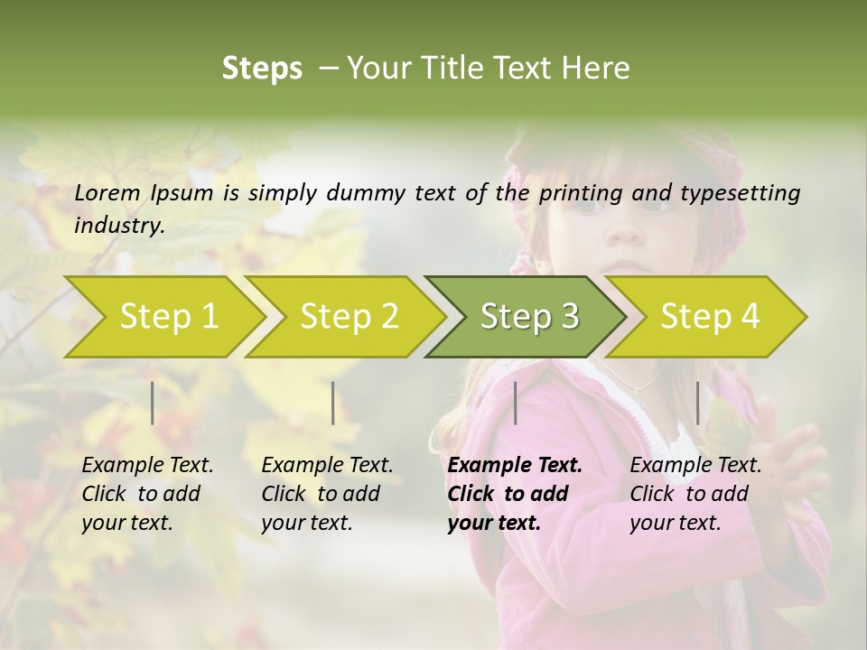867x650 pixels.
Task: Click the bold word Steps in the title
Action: pos(262,68)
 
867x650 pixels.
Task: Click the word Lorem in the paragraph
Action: pos(107,192)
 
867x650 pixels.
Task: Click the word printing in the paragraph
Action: pos(581,192)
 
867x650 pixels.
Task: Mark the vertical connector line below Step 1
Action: pos(153,403)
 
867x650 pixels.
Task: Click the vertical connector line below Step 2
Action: pos(333,403)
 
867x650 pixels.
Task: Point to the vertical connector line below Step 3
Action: pos(515,403)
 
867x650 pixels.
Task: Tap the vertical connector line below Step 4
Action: pos(697,403)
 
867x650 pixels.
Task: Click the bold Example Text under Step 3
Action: pos(515,466)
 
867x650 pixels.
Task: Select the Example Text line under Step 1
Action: pos(147,466)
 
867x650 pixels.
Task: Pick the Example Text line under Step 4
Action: pos(695,466)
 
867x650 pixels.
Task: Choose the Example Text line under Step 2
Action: pos(327,466)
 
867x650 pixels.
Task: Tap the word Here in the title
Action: pos(594,68)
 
